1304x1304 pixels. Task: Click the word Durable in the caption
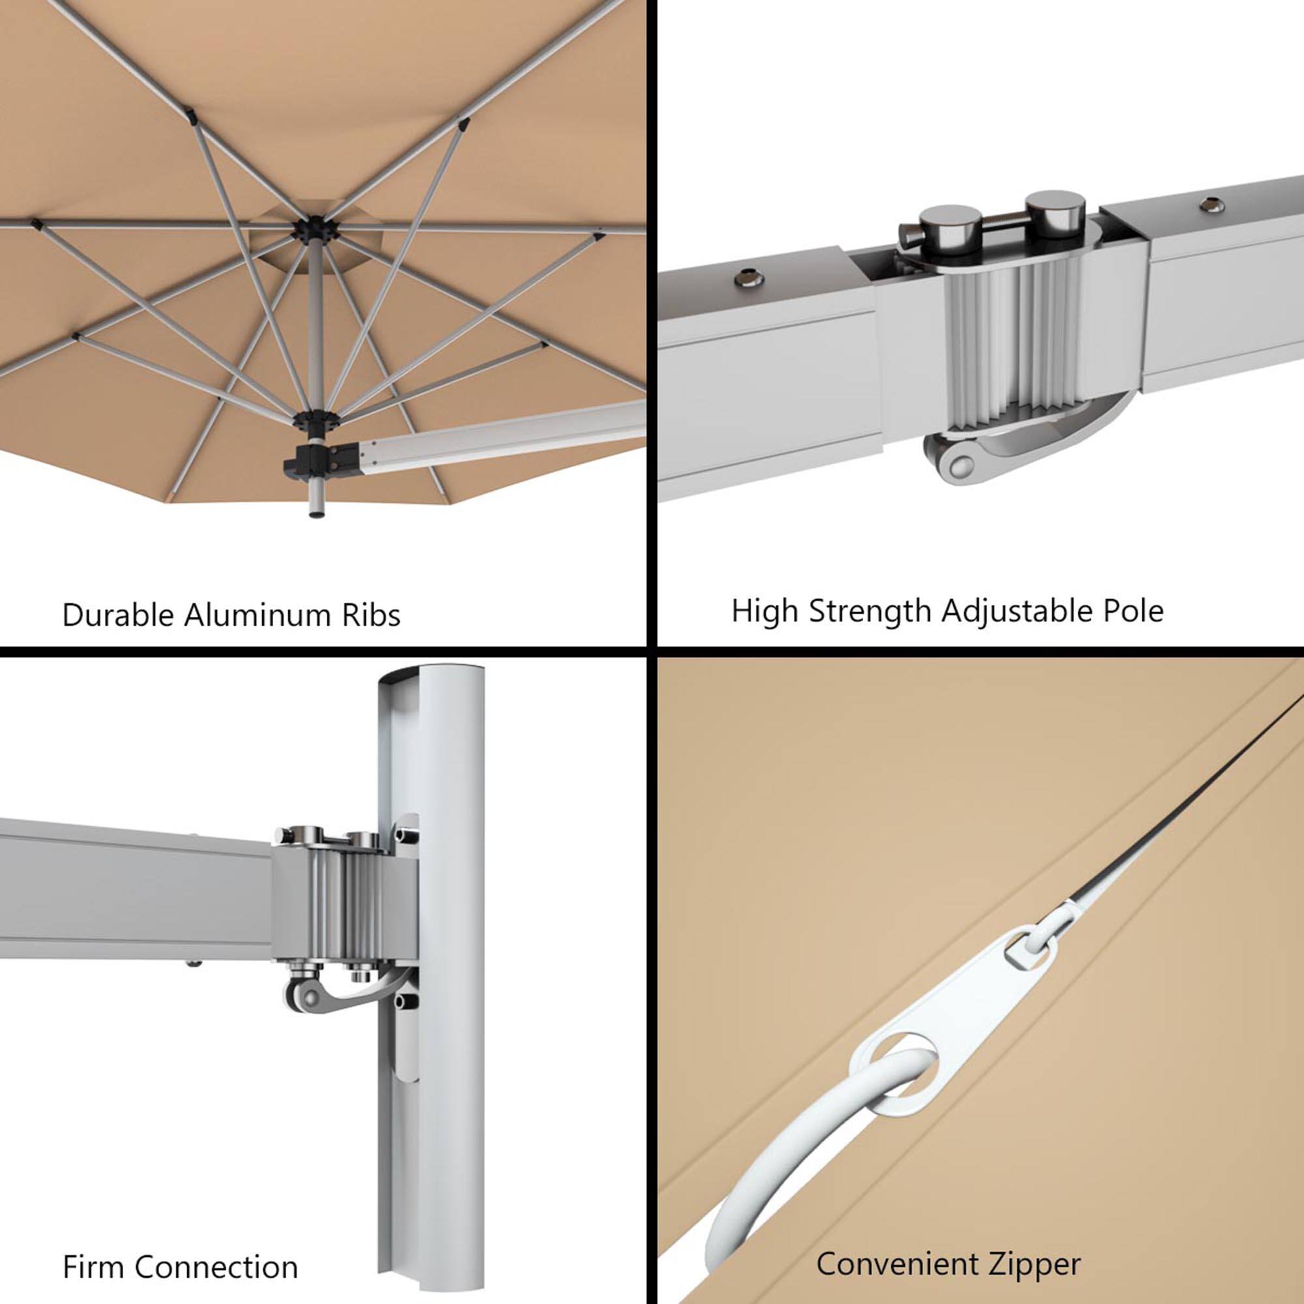118,615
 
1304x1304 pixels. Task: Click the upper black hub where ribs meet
311,228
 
